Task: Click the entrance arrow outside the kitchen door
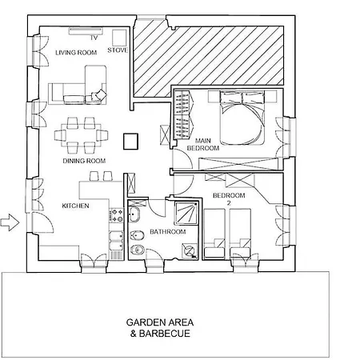click(10, 222)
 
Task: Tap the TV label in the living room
click(94, 38)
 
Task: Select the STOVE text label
click(118, 50)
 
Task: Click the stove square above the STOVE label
click(119, 38)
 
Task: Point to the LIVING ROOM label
click(76, 53)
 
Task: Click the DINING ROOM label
click(84, 161)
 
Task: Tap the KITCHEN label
click(75, 206)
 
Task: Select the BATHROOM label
click(168, 232)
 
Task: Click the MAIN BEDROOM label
click(203, 144)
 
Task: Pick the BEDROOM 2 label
click(229, 199)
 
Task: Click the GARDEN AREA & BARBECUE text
click(160, 328)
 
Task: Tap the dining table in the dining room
click(82, 135)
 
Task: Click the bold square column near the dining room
click(130, 142)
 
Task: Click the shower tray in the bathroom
click(186, 214)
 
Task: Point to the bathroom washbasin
click(134, 214)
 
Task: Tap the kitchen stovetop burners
click(116, 216)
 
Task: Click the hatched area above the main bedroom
click(208, 61)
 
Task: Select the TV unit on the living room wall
click(86, 31)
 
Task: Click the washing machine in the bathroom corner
click(190, 250)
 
